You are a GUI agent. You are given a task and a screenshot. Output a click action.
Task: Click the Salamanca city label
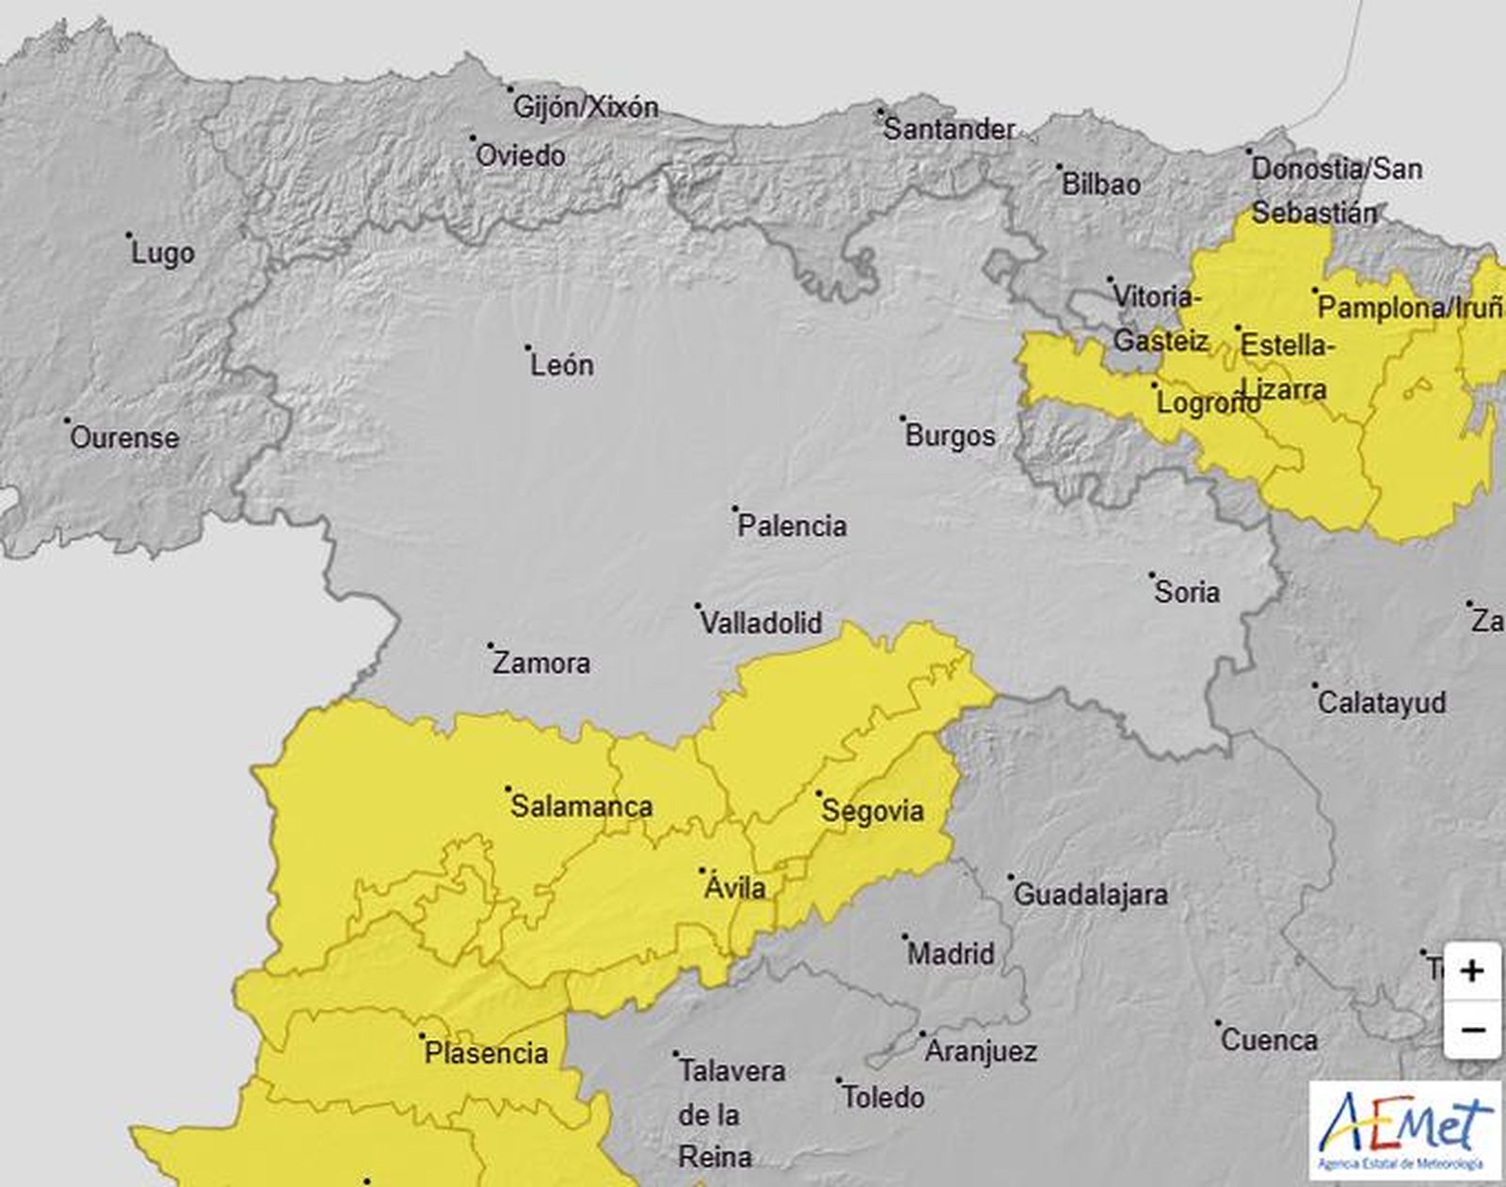point(581,806)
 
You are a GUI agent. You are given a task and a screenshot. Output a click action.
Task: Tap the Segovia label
point(873,810)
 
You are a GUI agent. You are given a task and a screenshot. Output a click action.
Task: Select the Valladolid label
point(761,622)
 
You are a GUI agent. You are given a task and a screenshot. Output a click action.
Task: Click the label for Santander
point(949,129)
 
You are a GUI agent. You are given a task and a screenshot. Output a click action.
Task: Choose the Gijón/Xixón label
point(585,106)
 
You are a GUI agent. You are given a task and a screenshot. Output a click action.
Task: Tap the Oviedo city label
point(521,155)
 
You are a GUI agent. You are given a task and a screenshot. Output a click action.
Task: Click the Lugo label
point(163,252)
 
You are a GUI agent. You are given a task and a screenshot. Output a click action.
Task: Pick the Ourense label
point(124,437)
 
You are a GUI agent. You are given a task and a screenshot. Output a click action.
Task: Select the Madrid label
point(950,954)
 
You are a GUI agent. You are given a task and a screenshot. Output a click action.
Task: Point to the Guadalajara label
point(1090,894)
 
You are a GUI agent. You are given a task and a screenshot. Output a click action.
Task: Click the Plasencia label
point(486,1052)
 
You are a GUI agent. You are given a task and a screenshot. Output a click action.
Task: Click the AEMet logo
point(1406,1130)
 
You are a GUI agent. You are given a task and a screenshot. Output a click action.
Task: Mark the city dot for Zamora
point(490,646)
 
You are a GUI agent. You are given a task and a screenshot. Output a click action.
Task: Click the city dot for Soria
point(1151,574)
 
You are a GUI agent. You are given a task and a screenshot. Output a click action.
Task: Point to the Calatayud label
point(1381,702)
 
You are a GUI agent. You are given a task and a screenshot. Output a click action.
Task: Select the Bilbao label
point(1100,184)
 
